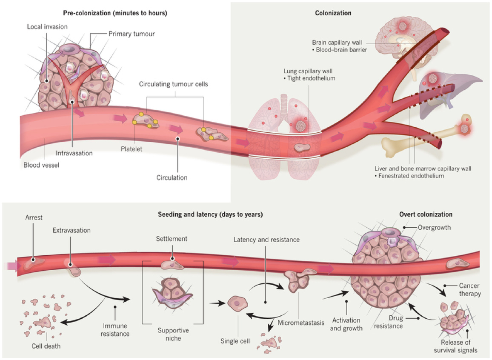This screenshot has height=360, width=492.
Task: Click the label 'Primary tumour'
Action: pos(132,34)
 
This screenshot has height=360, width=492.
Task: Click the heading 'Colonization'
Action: pos(333,13)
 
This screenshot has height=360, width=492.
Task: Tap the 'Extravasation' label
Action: pos(72,231)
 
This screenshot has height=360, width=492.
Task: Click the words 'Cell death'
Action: pos(46,346)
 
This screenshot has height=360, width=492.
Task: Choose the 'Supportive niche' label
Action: pos(173,334)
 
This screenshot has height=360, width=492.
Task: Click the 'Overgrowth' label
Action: pos(434,228)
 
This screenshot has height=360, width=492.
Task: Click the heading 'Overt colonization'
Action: pos(426,214)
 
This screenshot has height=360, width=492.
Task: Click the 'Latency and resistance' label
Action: pos(266,240)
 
